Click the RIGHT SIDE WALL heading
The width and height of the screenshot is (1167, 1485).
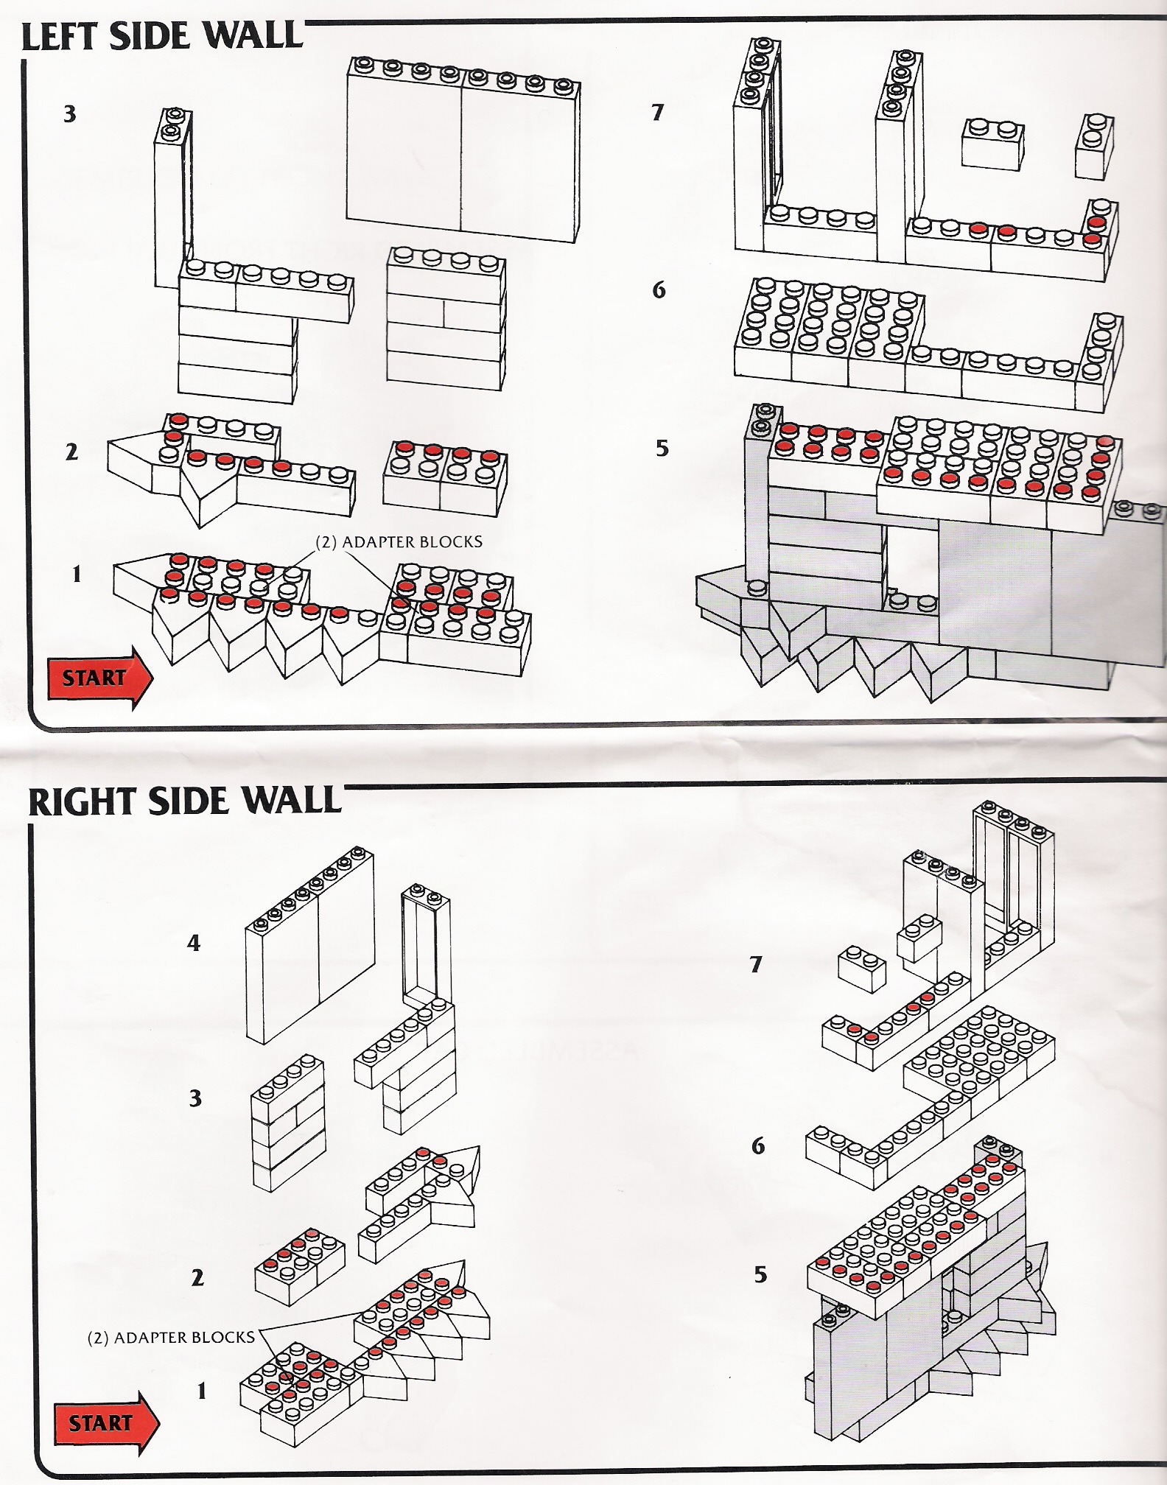point(184,801)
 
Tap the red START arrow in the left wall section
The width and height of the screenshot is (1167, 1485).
point(99,678)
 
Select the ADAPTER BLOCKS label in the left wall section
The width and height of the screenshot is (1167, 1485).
point(399,542)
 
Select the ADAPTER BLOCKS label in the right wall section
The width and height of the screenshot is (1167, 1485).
point(171,1337)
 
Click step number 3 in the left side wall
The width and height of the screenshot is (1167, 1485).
point(70,114)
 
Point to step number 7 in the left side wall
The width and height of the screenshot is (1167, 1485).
point(658,112)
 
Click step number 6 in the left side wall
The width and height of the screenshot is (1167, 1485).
point(659,290)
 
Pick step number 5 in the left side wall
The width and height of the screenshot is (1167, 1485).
point(662,448)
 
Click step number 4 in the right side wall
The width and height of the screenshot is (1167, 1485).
point(194,943)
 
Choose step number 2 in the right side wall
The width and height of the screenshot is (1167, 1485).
point(197,1277)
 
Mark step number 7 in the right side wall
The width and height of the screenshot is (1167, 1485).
point(756,964)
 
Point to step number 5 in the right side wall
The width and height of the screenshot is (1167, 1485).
point(760,1274)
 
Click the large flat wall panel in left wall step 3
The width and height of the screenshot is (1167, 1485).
point(463,158)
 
